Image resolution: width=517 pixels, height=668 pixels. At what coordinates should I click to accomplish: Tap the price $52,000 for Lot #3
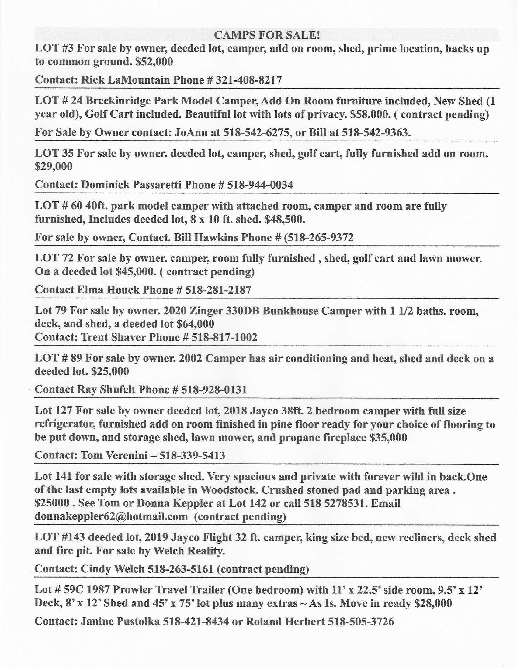[x=154, y=62]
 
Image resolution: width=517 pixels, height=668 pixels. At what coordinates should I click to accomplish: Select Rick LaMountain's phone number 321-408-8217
[x=249, y=80]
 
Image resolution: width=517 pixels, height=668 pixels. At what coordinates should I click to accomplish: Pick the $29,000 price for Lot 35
[x=54, y=167]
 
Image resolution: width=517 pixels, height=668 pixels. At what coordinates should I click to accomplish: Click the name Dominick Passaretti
[x=131, y=185]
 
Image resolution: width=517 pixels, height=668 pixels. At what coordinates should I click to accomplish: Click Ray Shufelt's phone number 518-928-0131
[x=214, y=390]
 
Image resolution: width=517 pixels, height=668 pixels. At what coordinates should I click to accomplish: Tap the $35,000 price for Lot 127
[x=388, y=438]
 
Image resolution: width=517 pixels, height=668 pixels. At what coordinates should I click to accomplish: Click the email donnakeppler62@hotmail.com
[x=111, y=516]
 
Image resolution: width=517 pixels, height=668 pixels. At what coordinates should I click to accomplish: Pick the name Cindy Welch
[x=113, y=569]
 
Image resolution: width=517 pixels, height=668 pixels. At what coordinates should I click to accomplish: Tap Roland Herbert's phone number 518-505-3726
[x=360, y=622]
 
